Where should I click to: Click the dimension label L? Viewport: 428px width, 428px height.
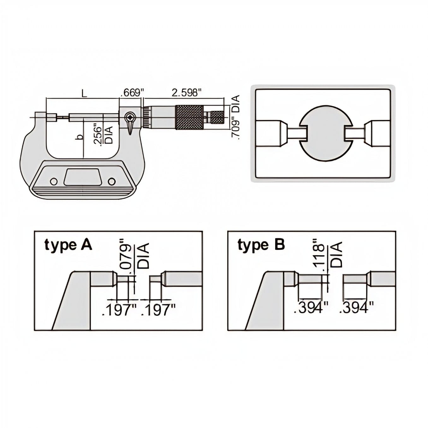83,93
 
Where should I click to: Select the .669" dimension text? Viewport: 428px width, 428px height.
132,93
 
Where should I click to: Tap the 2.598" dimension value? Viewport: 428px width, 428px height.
186,93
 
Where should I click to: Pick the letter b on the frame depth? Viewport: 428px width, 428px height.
80,137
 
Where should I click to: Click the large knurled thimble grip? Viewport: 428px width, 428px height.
189,117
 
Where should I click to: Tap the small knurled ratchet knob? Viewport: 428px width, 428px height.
217,117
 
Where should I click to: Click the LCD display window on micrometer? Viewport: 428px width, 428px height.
82,177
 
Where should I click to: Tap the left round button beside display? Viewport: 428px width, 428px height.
54,181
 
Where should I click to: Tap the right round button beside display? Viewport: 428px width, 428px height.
111,181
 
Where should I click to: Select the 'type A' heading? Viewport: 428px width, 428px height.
68,245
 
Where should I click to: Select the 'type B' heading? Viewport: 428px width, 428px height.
261,245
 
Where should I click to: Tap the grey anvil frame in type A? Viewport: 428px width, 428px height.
76,300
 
